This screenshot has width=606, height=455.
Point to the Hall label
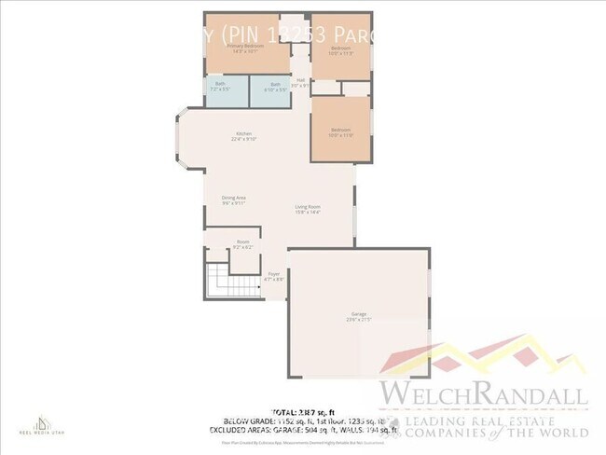tap(301, 82)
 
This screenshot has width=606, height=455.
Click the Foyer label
tap(274, 276)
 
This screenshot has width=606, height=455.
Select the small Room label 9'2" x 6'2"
tap(242, 245)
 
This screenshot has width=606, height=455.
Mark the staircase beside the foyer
tap(218, 278)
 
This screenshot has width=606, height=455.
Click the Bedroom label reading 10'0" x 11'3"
tap(340, 49)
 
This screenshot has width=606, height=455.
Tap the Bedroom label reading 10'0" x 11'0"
tap(340, 132)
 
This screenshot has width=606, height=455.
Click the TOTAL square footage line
tap(303, 411)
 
